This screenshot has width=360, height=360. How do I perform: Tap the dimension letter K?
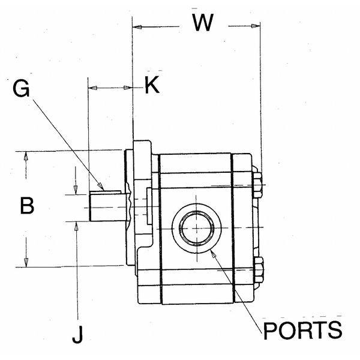click(x=152, y=86)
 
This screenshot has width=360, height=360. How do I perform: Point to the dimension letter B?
click(x=26, y=206)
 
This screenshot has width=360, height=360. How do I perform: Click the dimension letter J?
click(x=77, y=335)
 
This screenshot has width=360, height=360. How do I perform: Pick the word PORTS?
click(x=303, y=331)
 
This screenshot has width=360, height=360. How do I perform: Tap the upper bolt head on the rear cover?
click(x=258, y=185)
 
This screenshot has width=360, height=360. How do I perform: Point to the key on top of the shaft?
click(x=112, y=191)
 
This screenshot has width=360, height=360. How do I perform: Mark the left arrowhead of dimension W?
click(x=136, y=26)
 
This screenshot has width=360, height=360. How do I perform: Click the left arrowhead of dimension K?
click(x=92, y=88)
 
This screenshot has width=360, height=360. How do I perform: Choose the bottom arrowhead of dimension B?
click(x=26, y=262)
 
